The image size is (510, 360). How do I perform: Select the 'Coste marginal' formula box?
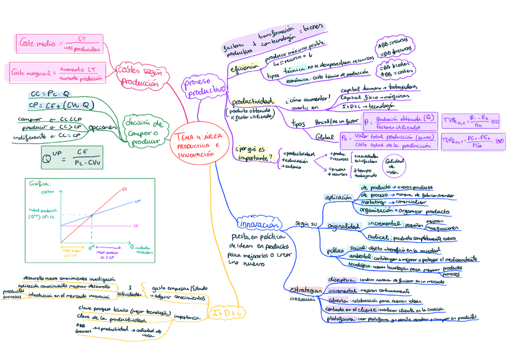click(x=56, y=73)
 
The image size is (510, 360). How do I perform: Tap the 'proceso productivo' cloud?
click(x=205, y=88)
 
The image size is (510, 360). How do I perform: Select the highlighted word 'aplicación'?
click(x=337, y=198)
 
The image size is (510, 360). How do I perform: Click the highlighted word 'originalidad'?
click(x=343, y=227)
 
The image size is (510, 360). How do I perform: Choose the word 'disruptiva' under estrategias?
click(x=340, y=280)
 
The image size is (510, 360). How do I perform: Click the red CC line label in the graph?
click(x=125, y=190)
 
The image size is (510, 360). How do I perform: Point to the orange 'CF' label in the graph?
click(x=135, y=226)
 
